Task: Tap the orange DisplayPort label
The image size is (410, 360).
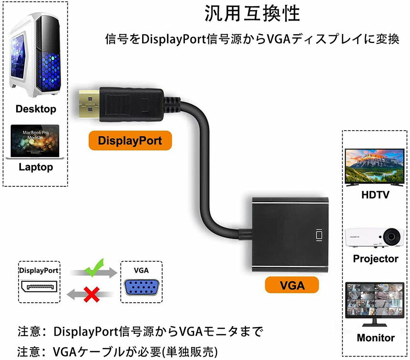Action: pyautogui.click(x=130, y=141)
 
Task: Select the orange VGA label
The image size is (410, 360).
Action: pyautogui.click(x=292, y=285)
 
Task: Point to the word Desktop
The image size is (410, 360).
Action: pyautogui.click(x=35, y=109)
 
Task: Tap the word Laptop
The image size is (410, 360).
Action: pyautogui.click(x=36, y=167)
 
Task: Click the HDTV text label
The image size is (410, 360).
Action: pyautogui.click(x=375, y=195)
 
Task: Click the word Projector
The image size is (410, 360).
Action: pyautogui.click(x=375, y=259)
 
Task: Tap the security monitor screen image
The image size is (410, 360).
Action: pyautogui.click(x=375, y=305)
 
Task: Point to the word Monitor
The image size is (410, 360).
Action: pyautogui.click(x=375, y=338)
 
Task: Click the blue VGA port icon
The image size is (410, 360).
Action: pyautogui.click(x=141, y=289)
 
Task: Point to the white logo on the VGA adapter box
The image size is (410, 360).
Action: pyautogui.click(x=318, y=235)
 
